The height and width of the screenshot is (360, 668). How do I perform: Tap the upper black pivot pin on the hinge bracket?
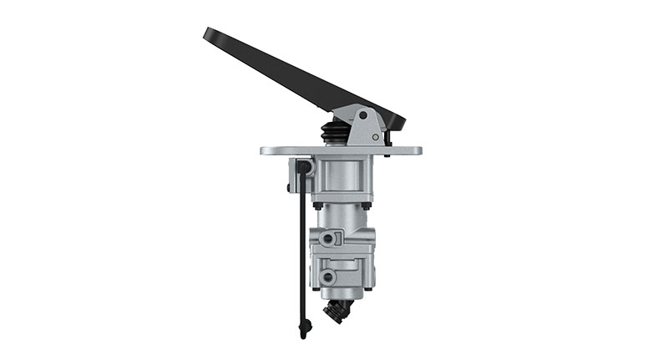click(x=362, y=115)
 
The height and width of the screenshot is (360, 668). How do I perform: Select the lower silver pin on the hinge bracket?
click(x=377, y=136)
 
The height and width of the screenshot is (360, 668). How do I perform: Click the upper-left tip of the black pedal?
click(x=208, y=33)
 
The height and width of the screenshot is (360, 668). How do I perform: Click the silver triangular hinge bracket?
click(x=365, y=126)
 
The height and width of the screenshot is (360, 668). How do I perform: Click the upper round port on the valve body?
click(x=329, y=240)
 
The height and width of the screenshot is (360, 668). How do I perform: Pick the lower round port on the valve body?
click(x=329, y=276)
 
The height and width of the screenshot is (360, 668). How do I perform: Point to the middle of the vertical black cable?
click(x=301, y=251)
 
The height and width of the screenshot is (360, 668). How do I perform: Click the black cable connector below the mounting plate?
click(x=304, y=168)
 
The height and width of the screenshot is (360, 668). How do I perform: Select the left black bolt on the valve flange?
click(x=317, y=205)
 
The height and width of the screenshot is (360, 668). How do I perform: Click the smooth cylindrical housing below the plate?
click(x=342, y=178)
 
